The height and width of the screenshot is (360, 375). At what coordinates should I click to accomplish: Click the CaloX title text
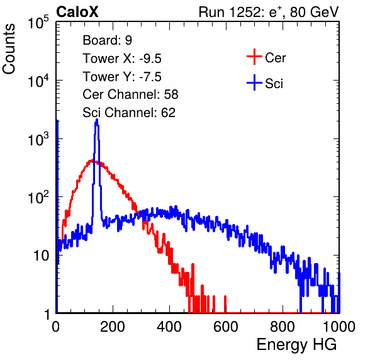point(77,12)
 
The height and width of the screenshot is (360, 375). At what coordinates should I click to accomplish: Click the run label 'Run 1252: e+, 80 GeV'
point(269,12)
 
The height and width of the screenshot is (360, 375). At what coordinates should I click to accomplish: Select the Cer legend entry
point(266,57)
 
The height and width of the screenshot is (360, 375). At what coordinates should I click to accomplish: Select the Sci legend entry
point(265,83)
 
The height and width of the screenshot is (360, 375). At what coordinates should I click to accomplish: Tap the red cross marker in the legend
point(254,57)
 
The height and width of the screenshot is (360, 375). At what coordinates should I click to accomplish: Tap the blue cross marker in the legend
point(254,83)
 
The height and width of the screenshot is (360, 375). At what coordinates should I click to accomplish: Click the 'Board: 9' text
point(108,40)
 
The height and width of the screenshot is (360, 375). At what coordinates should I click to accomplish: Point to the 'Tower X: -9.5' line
point(122,59)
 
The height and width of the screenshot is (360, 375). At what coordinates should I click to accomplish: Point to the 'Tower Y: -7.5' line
point(122,77)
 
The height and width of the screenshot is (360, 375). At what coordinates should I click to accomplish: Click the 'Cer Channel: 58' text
point(130,94)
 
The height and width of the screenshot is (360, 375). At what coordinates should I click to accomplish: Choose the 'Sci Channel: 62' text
point(129,113)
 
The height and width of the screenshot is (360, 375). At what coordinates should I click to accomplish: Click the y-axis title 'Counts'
point(9,49)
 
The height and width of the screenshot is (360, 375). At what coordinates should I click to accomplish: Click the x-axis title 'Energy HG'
point(296,345)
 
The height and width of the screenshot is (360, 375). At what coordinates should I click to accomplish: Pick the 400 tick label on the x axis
point(169,327)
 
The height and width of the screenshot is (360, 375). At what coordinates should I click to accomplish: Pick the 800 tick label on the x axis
point(283,327)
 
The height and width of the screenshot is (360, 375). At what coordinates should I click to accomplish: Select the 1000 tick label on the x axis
point(339,327)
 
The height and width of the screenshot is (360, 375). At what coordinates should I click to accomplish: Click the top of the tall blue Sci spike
point(97,120)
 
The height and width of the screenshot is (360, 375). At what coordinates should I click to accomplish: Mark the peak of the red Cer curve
point(92,160)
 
